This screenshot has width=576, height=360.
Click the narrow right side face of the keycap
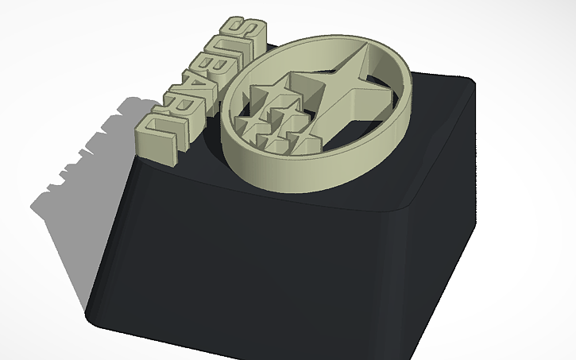(x=453, y=223)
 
